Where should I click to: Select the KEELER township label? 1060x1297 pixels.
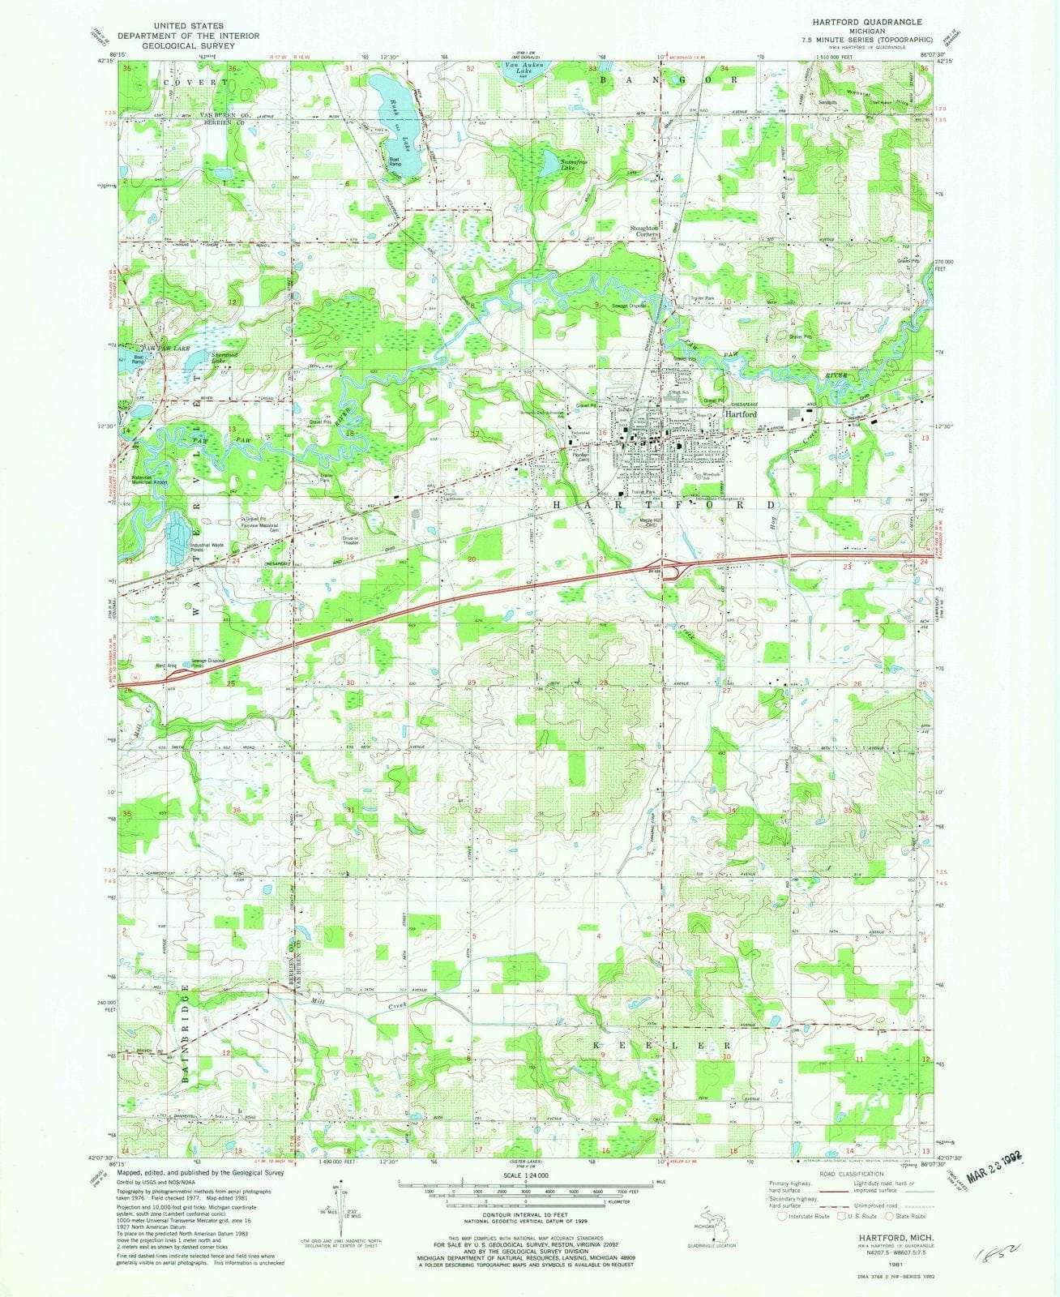(x=662, y=1047)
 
